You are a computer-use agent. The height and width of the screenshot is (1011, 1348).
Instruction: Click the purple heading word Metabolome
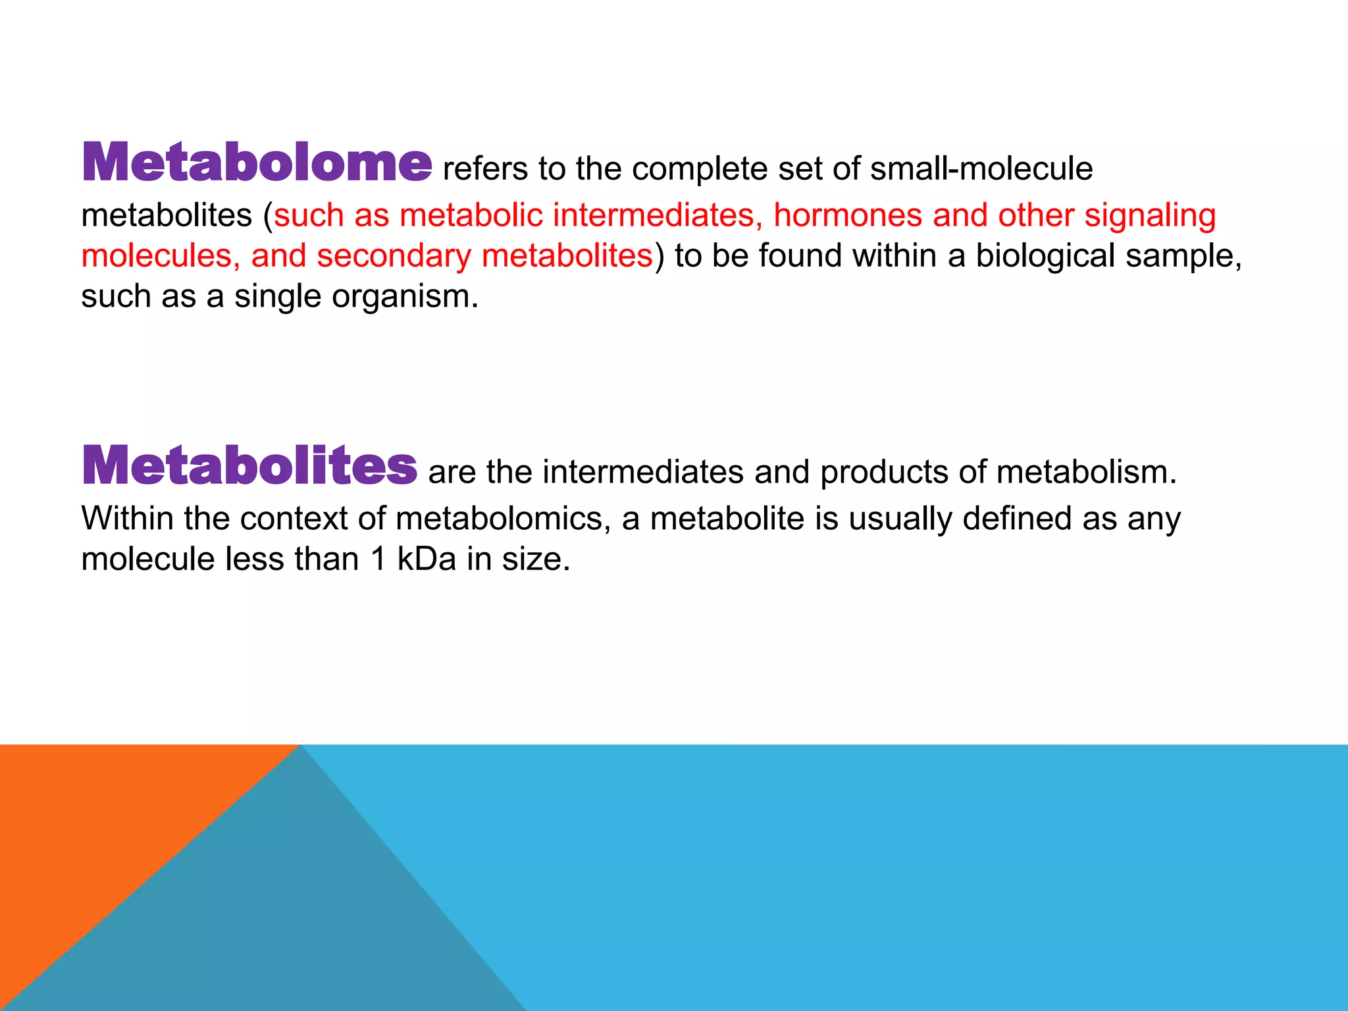coord(257,163)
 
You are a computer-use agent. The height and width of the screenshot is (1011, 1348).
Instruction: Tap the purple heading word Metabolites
coord(249,465)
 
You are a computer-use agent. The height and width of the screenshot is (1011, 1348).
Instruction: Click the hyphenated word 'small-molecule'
coord(981,168)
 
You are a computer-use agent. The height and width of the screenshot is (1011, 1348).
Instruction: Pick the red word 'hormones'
coord(848,215)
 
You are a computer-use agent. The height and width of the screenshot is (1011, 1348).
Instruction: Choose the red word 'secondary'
coord(394,256)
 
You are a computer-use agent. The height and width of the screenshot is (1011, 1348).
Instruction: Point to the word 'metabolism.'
coord(1086,472)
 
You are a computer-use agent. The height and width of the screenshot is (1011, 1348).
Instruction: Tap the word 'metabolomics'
coord(499,519)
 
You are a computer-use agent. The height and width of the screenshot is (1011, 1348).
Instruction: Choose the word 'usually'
coord(900,519)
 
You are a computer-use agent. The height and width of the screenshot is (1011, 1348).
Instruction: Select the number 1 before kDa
coord(378,559)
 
